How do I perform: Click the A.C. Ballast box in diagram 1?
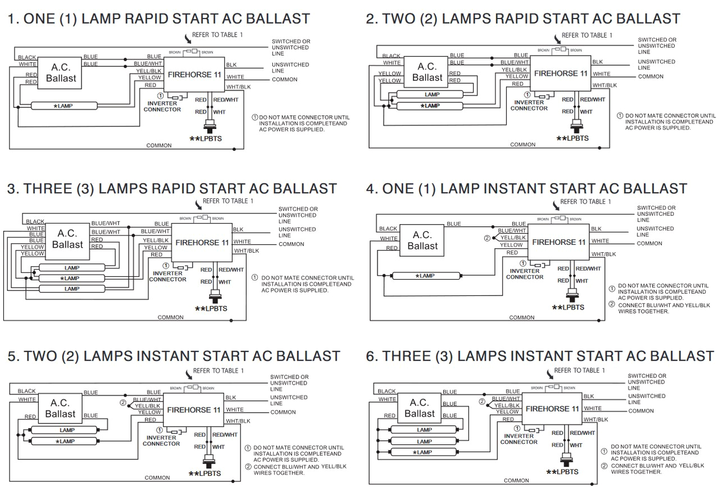pyautogui.click(x=61, y=72)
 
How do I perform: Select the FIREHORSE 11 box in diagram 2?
pyautogui.click(x=561, y=73)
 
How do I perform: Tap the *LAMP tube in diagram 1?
pyautogui.click(x=66, y=105)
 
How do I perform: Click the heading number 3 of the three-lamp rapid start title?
pyautogui.click(x=12, y=189)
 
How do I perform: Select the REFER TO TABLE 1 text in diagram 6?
pyautogui.click(x=579, y=370)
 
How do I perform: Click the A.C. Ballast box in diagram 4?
pyautogui.click(x=422, y=241)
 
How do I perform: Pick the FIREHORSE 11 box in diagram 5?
pyautogui.click(x=193, y=410)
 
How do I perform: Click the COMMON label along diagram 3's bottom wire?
pyautogui.click(x=170, y=317)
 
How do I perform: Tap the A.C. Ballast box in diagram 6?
pyautogui.click(x=420, y=408)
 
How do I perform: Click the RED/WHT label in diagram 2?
pyautogui.click(x=592, y=99)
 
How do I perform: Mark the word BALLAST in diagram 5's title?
pyautogui.click(x=298, y=356)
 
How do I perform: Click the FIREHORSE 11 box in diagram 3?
pyautogui.click(x=202, y=243)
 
